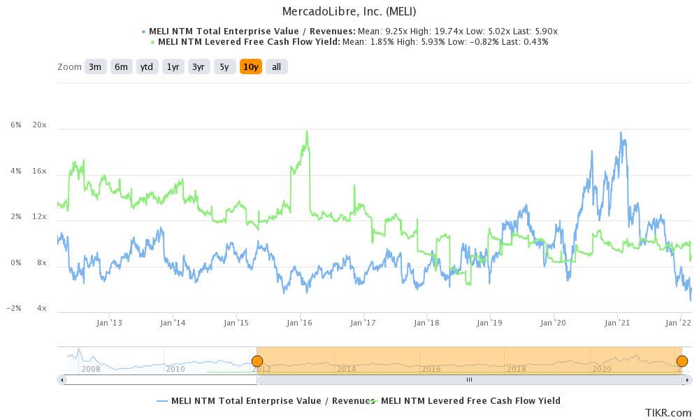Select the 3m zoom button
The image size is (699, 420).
(x=94, y=66)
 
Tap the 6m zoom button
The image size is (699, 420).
(x=121, y=66)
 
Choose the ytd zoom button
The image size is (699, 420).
(x=147, y=66)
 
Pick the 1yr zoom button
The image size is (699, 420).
(x=173, y=66)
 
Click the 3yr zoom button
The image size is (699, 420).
(x=199, y=66)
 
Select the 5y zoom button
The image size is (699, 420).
(x=224, y=66)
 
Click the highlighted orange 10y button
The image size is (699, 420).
(x=250, y=66)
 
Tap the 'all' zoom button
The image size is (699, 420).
(x=277, y=66)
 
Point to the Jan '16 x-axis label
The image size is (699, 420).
(x=300, y=323)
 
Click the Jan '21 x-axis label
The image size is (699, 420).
(x=617, y=323)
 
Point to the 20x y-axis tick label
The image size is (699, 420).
(x=40, y=125)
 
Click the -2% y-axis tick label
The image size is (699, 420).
(x=15, y=308)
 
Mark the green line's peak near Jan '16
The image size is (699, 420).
(x=306, y=132)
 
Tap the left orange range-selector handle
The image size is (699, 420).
(x=257, y=361)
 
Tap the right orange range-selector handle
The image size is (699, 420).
(x=682, y=361)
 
